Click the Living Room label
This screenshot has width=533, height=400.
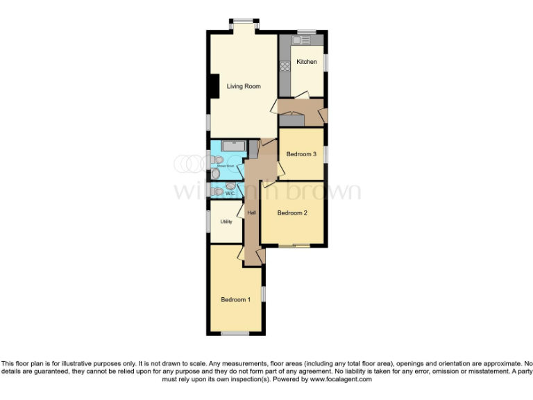244,86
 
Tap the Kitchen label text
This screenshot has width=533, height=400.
307,62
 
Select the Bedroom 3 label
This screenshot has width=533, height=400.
301,154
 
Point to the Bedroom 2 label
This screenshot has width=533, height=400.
292,213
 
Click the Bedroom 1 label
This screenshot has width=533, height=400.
235,299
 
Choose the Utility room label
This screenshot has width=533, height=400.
226,222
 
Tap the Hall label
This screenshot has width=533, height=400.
251,212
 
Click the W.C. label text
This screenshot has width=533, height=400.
230,194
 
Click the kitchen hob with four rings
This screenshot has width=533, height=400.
284,68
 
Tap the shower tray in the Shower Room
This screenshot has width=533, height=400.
233,147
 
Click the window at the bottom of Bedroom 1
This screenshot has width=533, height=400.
235,334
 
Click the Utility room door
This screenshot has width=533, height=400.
240,211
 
